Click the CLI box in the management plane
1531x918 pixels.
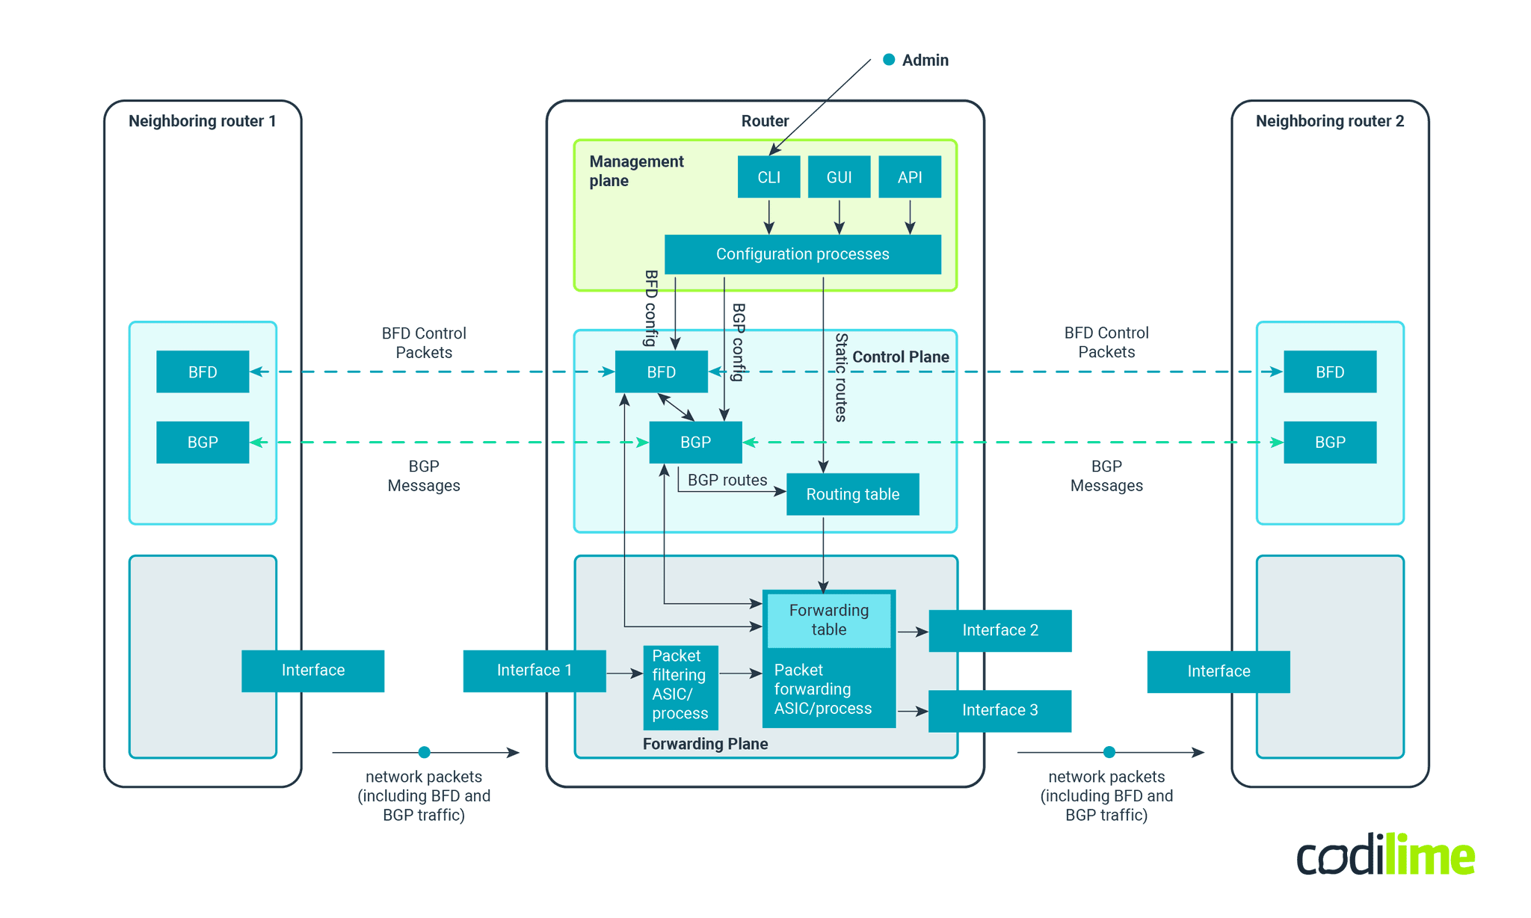768,177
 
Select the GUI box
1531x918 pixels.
839,177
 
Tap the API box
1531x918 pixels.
909,177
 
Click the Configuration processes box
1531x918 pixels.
802,254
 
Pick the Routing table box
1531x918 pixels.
852,494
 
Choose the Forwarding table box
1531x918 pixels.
829,620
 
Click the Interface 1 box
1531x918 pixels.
534,671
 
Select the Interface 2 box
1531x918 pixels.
999,630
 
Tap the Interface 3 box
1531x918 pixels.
999,710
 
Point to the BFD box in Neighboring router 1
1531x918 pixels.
203,372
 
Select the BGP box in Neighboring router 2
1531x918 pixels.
1329,442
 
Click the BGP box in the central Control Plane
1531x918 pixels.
695,442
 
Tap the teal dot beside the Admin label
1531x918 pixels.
889,60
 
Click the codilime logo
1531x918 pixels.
1385,856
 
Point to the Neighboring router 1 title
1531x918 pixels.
203,121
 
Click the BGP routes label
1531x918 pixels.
727,480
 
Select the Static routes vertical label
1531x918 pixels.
841,378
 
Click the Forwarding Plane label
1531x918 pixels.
705,744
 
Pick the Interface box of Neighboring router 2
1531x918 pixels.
1218,671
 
